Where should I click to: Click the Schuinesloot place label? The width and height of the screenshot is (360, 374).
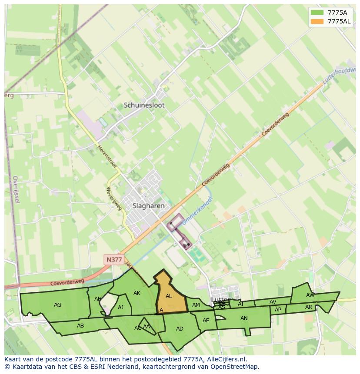pos(144,105)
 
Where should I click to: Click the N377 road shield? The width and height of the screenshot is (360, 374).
pos(114,260)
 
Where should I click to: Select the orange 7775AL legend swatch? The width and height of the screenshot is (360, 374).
pos(317,21)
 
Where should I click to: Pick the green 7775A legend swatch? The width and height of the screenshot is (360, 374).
pos(317,13)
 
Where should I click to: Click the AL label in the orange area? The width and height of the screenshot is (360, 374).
pos(169,296)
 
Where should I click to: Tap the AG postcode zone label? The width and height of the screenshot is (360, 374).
pos(57,305)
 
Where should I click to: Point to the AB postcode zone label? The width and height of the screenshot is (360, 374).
pos(80,326)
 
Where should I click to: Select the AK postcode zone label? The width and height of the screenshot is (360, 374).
pos(137,293)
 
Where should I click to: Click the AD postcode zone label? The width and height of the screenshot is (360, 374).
pos(180,329)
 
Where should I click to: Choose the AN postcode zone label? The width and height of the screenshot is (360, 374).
pos(244,318)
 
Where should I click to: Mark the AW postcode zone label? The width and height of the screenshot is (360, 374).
pos(310,295)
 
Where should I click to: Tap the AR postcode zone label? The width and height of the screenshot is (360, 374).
pos(309,307)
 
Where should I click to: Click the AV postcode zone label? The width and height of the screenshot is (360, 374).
pos(273,302)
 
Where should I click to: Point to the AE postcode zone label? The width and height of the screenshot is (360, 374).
pos(206,321)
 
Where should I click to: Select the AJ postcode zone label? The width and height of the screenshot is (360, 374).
pos(121,308)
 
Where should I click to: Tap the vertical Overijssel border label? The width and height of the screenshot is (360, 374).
pos(15,190)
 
